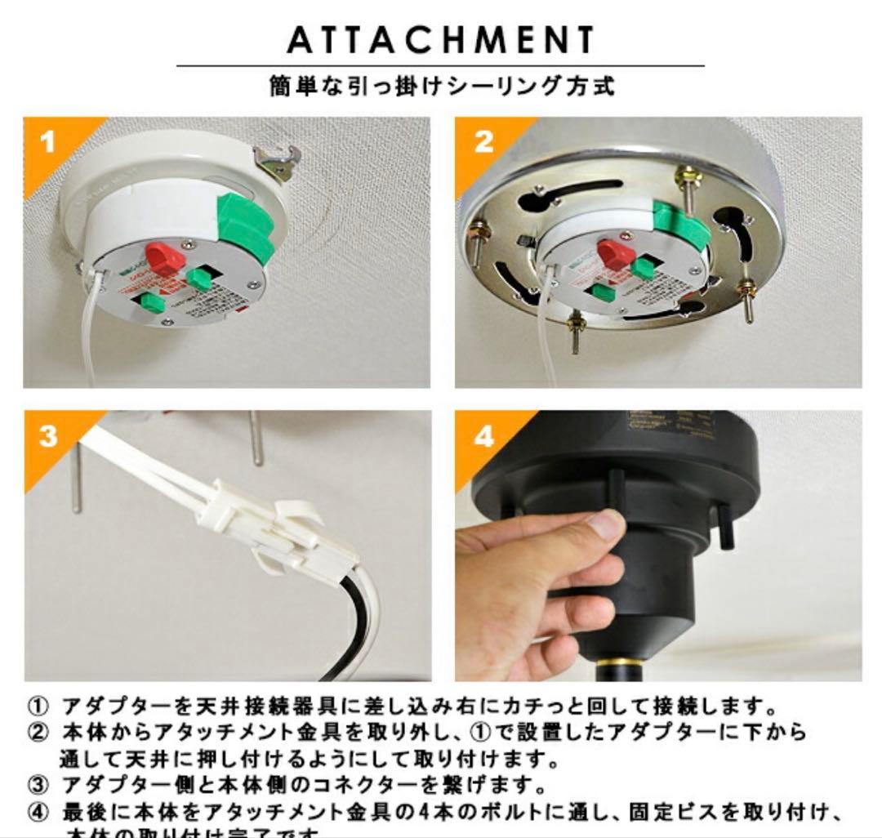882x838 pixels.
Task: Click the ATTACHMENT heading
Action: pyautogui.click(x=440, y=38)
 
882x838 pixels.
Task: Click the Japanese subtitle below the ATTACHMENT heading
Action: pyautogui.click(x=441, y=86)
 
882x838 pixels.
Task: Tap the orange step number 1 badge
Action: pyautogui.click(x=48, y=142)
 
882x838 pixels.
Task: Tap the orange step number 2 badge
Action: pyautogui.click(x=483, y=142)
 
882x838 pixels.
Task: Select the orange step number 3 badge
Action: pyautogui.click(x=48, y=436)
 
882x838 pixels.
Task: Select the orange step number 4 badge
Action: pyautogui.click(x=483, y=436)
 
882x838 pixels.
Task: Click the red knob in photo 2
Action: pyautogui.click(x=614, y=252)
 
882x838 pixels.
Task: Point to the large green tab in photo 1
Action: pyautogui.click(x=244, y=228)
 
